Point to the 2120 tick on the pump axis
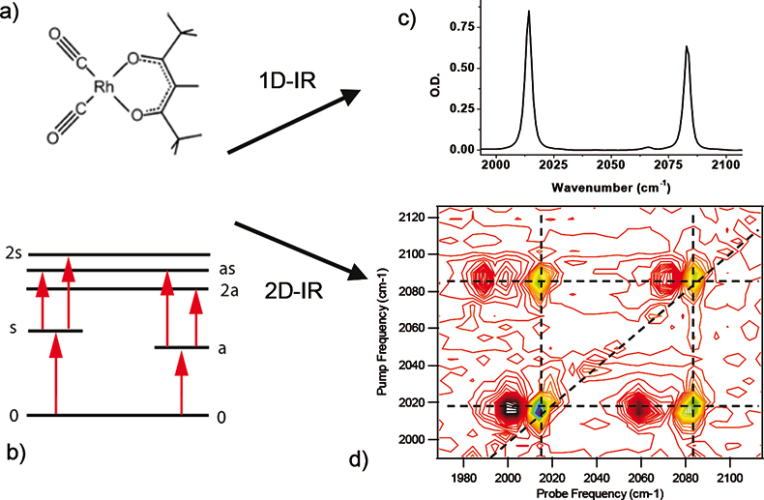421,218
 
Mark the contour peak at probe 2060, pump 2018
638,407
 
